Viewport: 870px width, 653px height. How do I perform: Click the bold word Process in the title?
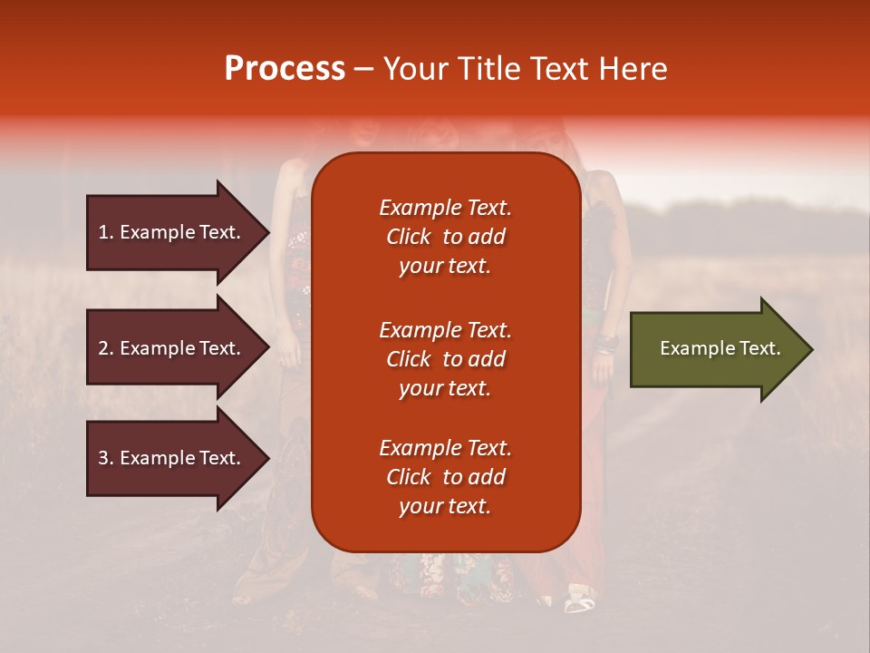285,68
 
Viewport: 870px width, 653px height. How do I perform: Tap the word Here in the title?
633,68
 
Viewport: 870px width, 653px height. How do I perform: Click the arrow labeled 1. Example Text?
179,232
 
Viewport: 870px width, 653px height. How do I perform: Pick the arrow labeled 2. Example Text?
179,347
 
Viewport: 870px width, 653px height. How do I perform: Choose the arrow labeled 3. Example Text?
179,457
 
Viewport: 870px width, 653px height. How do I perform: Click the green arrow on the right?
722,349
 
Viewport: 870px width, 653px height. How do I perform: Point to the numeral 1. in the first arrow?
106,232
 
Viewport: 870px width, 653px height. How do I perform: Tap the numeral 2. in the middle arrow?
106,348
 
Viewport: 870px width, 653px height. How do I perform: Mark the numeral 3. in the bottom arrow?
106,457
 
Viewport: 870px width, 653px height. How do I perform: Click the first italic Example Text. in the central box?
446,208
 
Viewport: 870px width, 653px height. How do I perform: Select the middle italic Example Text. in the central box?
446,330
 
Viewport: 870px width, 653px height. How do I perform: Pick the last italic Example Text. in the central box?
446,448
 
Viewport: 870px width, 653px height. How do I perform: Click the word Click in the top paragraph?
409,237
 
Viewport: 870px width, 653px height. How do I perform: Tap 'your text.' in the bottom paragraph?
445,506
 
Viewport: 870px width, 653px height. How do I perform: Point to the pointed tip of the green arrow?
813,349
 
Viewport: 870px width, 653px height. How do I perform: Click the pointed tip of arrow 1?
269,232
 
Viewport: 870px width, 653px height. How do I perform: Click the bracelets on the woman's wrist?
607,345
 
